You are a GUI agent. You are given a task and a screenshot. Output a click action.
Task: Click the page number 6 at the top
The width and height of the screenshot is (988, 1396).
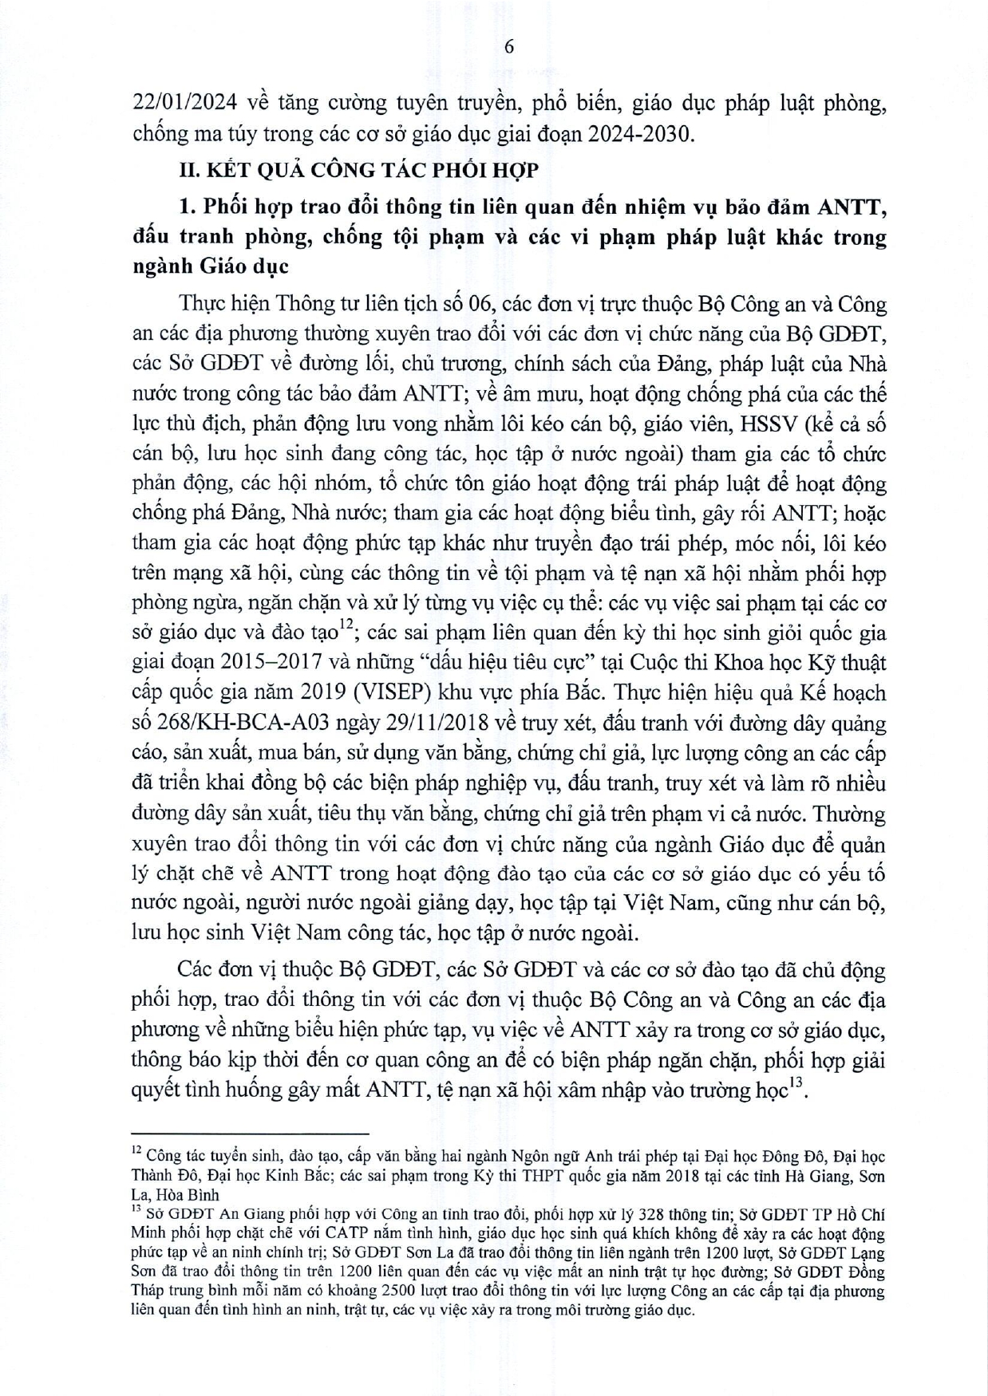coord(509,46)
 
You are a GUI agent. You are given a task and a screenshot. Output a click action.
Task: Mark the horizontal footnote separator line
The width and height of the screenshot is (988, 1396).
coord(249,1133)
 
